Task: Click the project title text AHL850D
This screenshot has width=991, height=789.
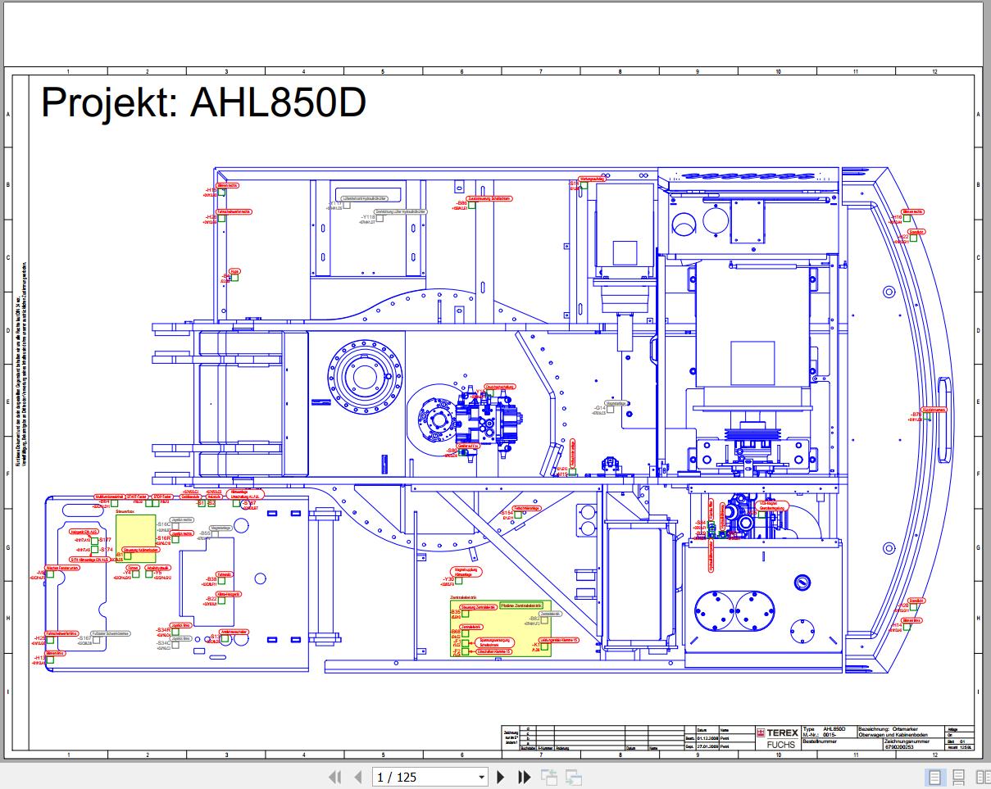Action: click(x=203, y=103)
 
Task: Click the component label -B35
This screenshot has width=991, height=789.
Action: click(x=456, y=612)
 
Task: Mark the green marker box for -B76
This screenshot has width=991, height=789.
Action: click(x=928, y=416)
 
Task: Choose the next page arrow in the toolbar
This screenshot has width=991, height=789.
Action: click(x=501, y=777)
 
